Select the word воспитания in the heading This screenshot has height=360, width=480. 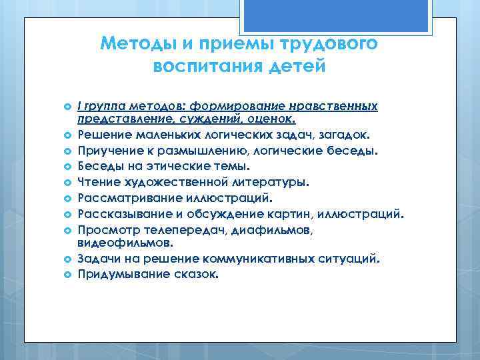coord(204,67)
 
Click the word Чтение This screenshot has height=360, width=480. coord(99,181)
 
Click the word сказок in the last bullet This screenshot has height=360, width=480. coord(196,274)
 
